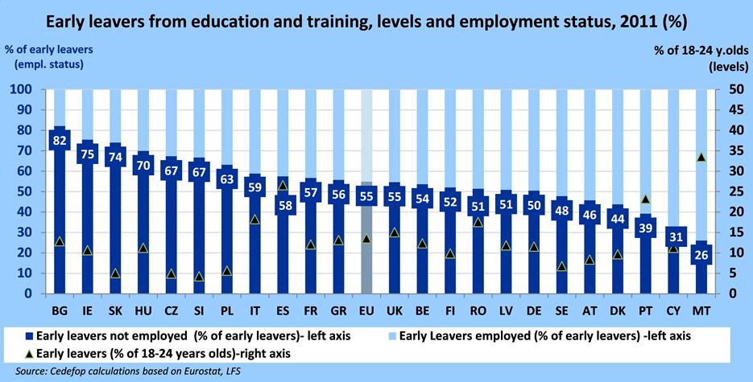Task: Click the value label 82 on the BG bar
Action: pos(59,140)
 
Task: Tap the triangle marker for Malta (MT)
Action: pos(701,158)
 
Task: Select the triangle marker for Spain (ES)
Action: pos(283,186)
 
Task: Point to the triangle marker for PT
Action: pos(644,199)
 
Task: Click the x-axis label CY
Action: pos(672,310)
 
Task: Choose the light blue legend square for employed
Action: pos(392,333)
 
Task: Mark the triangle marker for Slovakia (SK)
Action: pos(115,273)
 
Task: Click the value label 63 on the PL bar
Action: pos(226,179)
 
